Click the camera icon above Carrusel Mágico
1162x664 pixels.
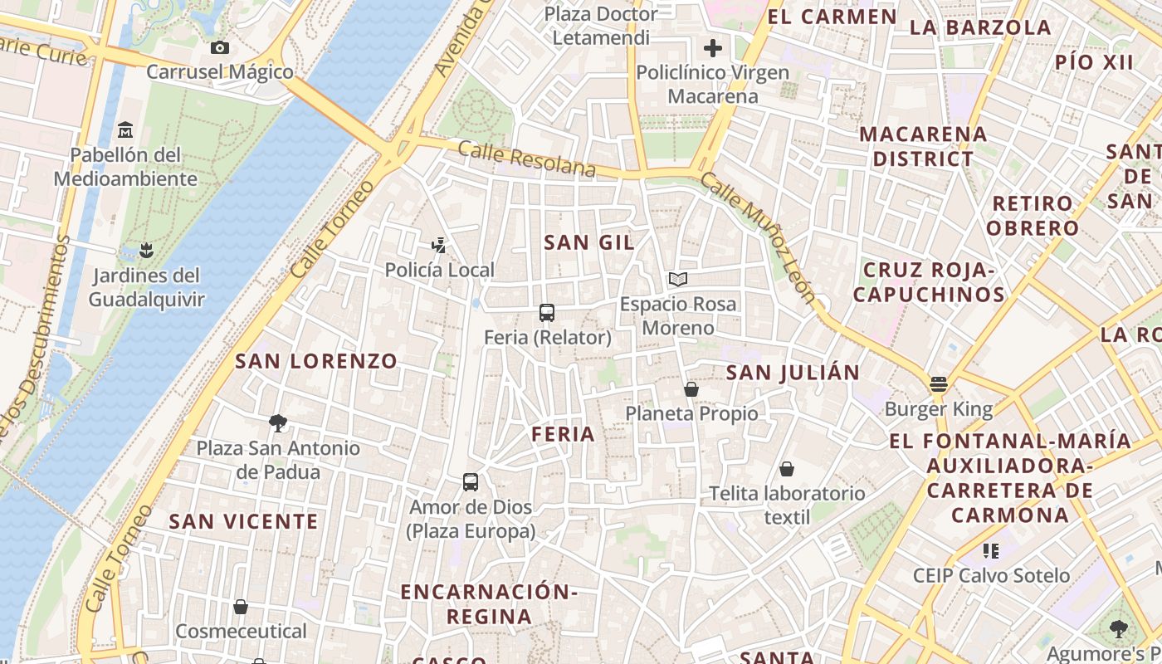[x=220, y=48]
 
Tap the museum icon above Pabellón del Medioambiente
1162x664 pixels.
[x=125, y=129]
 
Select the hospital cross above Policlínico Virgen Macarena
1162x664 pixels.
[x=712, y=48]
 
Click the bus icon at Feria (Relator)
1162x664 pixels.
[x=546, y=313]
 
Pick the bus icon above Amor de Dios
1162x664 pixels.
[x=470, y=482]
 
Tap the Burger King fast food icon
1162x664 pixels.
[x=939, y=383]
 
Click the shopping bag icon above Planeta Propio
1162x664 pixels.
[x=691, y=389]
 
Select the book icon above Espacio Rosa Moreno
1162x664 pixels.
[x=678, y=279]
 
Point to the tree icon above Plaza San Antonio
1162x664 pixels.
[x=278, y=423]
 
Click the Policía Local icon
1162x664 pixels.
[x=439, y=246]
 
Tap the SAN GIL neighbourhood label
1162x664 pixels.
[x=589, y=242]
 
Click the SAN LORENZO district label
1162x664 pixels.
[x=316, y=361]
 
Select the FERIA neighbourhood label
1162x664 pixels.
[x=564, y=434]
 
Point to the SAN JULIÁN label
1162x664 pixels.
[x=793, y=373]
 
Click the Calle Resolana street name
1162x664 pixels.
[x=526, y=159]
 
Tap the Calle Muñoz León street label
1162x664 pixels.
[x=758, y=237]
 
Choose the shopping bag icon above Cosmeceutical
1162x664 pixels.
[x=241, y=607]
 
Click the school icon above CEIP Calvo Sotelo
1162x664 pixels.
[x=990, y=550]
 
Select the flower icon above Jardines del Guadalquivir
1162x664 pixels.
[x=146, y=250]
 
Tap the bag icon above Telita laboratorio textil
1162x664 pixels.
[x=787, y=469]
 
